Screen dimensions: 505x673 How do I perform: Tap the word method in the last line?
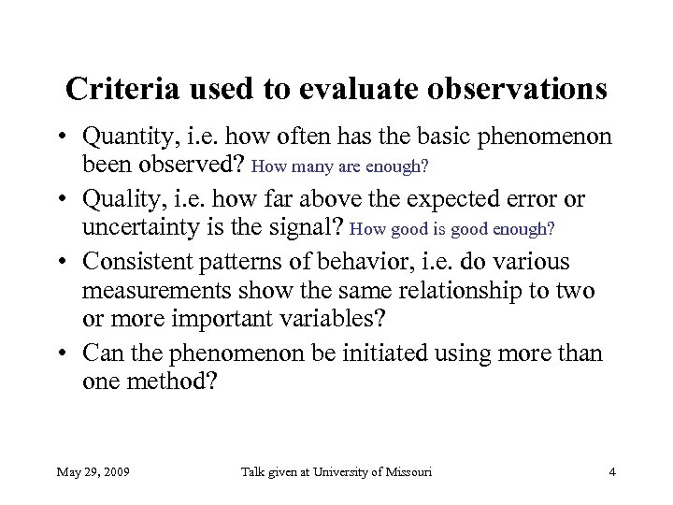181,382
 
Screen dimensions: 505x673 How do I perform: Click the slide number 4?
611,472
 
